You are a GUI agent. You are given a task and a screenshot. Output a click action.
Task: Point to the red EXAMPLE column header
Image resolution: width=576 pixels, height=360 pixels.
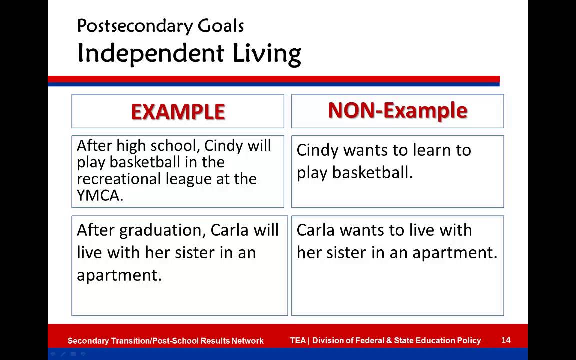point(178,112)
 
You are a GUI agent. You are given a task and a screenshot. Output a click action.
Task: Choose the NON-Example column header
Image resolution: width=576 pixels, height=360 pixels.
point(397,111)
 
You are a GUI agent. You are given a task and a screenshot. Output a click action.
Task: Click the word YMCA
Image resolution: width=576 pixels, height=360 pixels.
point(100,196)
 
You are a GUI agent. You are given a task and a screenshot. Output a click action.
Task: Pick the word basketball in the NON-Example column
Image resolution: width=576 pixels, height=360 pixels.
point(372,173)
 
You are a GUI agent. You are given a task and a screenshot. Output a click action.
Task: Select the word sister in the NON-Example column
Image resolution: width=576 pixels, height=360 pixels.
point(347,253)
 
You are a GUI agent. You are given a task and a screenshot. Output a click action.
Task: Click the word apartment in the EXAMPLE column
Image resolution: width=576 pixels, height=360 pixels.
point(119,275)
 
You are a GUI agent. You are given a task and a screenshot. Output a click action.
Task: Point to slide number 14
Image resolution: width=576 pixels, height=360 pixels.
point(506,340)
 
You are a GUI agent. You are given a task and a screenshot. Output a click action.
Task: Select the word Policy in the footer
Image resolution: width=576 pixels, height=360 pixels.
point(468,341)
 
